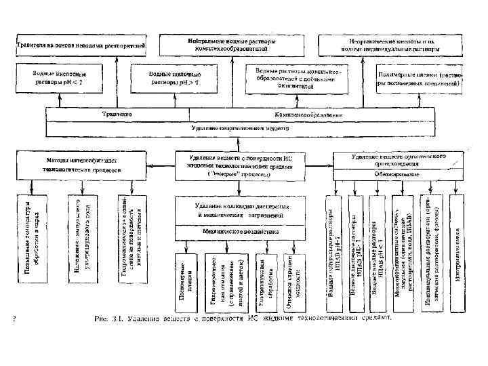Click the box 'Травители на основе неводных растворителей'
click(x=81, y=44)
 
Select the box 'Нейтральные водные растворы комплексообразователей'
click(x=231, y=45)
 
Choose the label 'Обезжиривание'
click(x=396, y=174)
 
